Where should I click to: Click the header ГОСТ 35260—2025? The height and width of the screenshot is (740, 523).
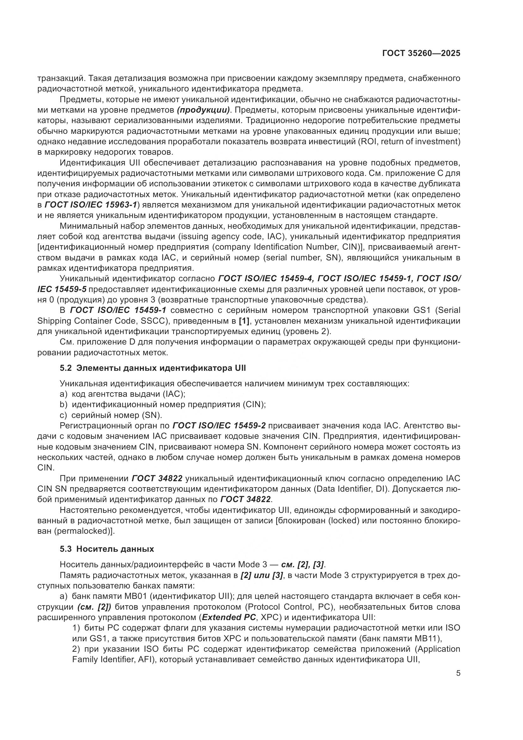(x=421, y=53)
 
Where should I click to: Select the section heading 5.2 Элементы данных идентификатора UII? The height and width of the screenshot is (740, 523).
(x=153, y=368)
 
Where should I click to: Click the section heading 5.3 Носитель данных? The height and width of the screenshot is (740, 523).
(x=107, y=549)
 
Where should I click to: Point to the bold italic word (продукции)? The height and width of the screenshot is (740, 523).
(x=203, y=110)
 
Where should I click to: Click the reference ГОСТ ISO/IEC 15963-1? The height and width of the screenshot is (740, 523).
(x=90, y=205)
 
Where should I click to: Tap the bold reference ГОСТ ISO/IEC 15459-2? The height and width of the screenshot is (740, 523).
(x=219, y=426)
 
